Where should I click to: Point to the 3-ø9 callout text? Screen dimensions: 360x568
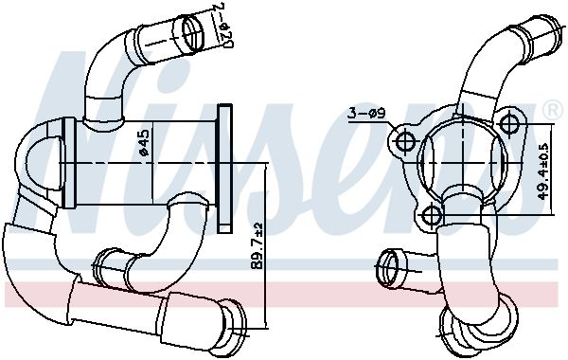[364, 115]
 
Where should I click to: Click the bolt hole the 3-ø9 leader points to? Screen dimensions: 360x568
[404, 142]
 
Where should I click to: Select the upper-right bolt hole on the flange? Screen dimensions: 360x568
[511, 123]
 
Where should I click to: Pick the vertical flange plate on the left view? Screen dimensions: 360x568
[224, 168]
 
